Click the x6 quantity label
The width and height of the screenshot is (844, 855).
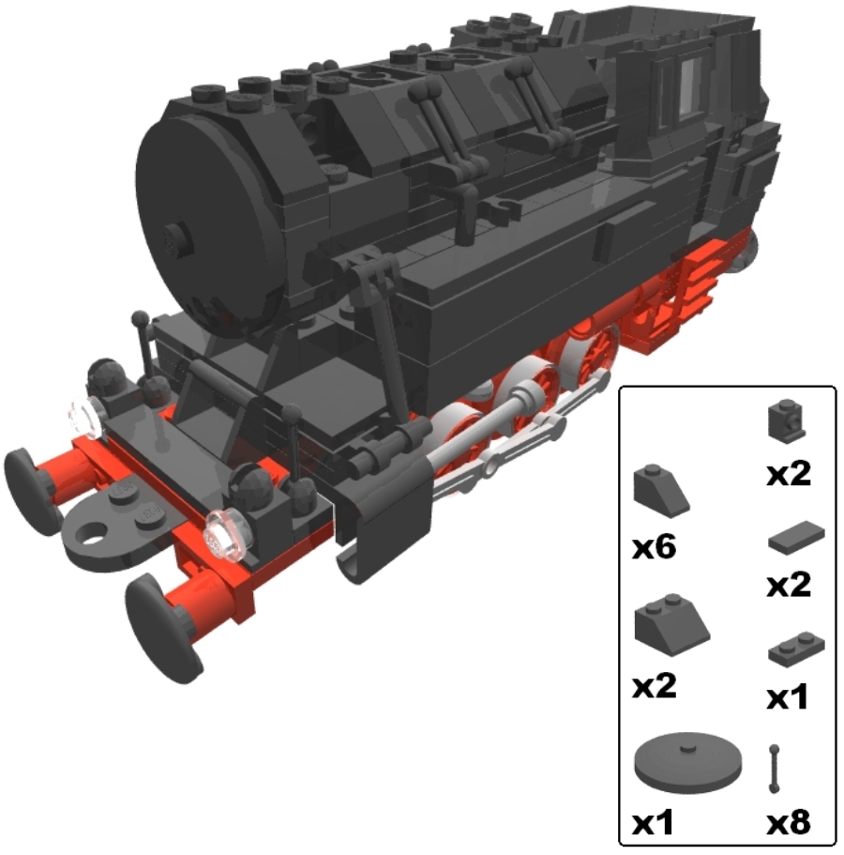coord(655,547)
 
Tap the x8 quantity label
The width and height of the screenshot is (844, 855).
coord(788,822)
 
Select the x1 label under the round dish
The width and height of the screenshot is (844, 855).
coord(652,822)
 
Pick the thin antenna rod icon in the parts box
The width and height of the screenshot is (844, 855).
coord(774,769)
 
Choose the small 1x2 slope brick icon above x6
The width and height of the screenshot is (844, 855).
coord(661,489)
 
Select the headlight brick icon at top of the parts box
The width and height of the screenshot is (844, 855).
coord(786,420)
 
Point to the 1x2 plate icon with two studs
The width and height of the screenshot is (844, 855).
coord(796,649)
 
